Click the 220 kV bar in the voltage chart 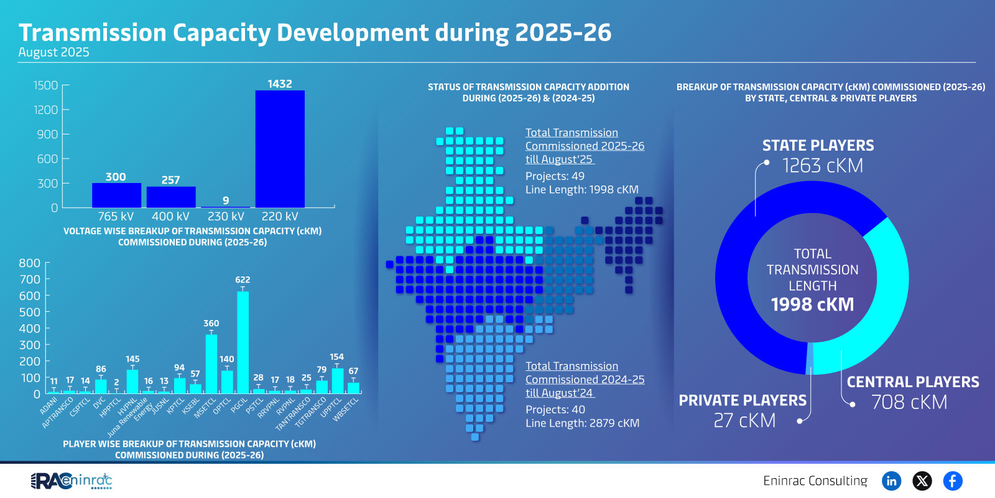coord(280,149)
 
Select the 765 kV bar coord(116,195)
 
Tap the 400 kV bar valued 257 coord(171,197)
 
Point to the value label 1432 coord(280,84)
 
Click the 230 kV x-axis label coord(226,217)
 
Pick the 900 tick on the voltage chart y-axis coord(47,134)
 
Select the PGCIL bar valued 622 coord(243,342)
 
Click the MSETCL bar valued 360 coord(211,364)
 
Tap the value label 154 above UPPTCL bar coord(336,357)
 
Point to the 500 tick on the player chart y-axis coord(30,312)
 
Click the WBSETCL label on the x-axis coord(346,410)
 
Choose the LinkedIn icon coord(891,481)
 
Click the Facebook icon coord(952,481)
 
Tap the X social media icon coord(922,481)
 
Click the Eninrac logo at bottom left coord(72,481)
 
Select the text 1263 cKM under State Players coord(822,166)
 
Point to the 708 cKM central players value coord(909,403)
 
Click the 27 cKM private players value coord(744,421)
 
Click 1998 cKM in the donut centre coord(812,304)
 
